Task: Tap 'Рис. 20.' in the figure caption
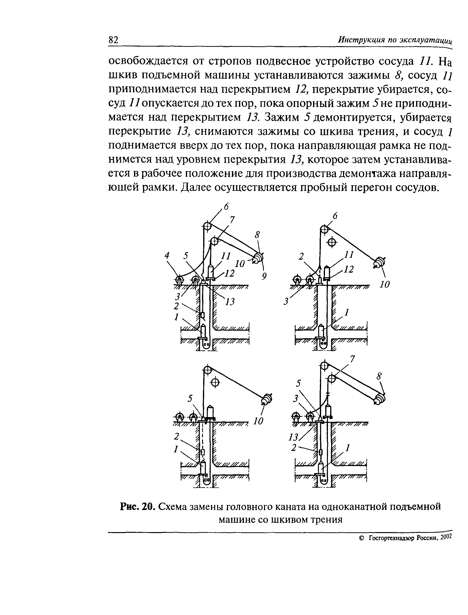point(137,506)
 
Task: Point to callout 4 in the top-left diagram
point(167,255)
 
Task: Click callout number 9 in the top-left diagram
point(264,276)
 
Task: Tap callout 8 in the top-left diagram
point(257,235)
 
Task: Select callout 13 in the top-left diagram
point(230,301)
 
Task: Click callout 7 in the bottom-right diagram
point(352,360)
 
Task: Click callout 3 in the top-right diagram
point(286,302)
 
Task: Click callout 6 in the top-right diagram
point(335,216)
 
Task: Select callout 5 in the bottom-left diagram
point(190,399)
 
